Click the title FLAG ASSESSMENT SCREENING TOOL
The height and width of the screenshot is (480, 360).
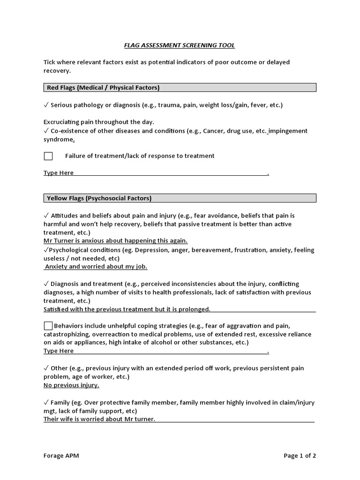[179, 45]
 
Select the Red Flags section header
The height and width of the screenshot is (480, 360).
[103, 88]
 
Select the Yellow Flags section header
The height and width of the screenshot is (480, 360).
[99, 198]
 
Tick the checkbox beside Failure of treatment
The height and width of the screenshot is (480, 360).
[48, 156]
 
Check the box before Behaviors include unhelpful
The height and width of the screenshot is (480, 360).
[48, 326]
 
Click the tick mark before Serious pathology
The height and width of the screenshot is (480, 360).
[46, 105]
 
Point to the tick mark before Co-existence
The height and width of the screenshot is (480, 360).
[46, 131]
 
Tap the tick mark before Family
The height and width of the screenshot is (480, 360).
[46, 403]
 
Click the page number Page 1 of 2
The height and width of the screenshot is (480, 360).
[300, 456]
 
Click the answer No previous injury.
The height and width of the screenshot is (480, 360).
[71, 385]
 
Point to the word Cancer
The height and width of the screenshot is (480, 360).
[214, 131]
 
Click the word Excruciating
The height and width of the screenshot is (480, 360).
[62, 122]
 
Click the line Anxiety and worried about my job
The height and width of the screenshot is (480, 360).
[96, 267]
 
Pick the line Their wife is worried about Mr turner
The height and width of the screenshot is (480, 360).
[99, 419]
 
